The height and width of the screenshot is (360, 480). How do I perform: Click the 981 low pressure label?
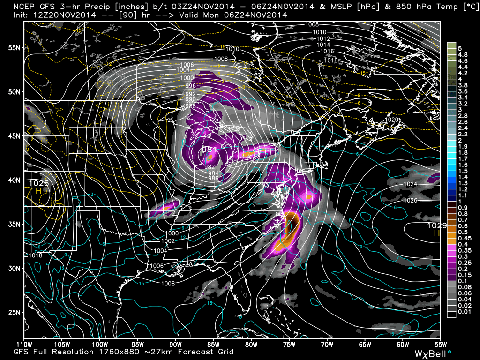point(209,150)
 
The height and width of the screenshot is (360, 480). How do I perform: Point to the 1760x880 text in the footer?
point(97,352)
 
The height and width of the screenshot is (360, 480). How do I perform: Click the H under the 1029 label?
point(436,233)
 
